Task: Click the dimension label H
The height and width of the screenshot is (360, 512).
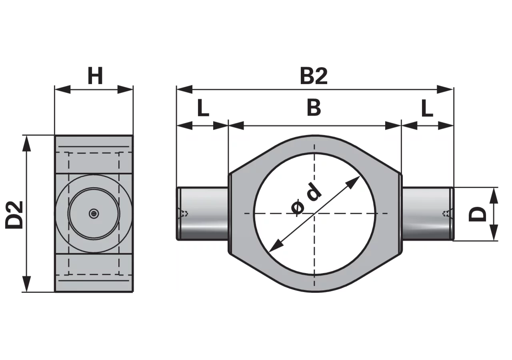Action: (x=95, y=76)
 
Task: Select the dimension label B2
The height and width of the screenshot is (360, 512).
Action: (x=314, y=76)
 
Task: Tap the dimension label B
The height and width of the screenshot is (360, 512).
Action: (x=314, y=108)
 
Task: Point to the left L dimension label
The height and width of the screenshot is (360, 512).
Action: (x=203, y=108)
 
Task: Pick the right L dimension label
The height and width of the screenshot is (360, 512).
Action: (x=427, y=108)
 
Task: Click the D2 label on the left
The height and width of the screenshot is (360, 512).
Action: (x=14, y=215)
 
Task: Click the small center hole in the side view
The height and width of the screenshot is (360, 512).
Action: (x=94, y=214)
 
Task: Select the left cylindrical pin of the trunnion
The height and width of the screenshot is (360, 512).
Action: (x=202, y=214)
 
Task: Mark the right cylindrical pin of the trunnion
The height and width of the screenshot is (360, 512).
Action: (x=428, y=214)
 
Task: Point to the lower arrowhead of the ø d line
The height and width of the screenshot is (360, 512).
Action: (x=276, y=246)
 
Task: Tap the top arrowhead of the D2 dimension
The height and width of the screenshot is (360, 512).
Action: (x=27, y=143)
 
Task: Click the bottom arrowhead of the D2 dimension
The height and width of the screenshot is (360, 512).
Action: (x=27, y=284)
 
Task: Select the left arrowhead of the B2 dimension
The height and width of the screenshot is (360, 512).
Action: (x=184, y=89)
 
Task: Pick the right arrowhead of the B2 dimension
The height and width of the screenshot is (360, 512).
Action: (x=445, y=89)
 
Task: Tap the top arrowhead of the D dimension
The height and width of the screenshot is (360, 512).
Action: (x=494, y=195)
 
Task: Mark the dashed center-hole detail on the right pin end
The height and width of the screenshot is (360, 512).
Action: (x=446, y=214)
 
